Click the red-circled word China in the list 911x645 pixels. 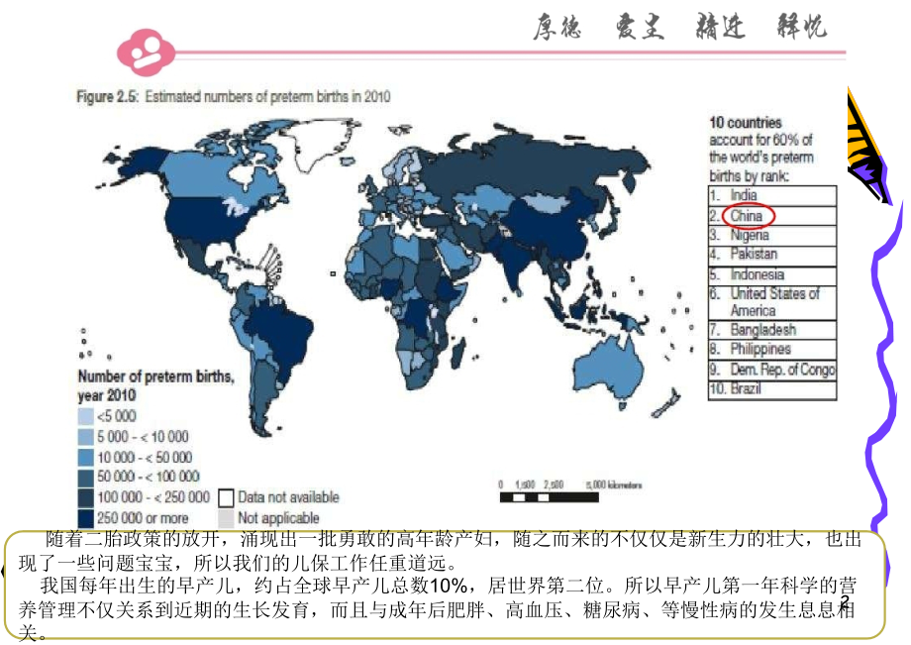(x=748, y=216)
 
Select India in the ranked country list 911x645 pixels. (x=744, y=196)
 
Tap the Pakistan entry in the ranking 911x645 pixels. (x=754, y=255)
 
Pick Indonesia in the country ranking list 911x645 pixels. (x=757, y=274)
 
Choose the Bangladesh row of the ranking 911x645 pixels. (x=762, y=330)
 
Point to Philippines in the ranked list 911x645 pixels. (x=760, y=349)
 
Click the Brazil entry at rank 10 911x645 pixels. (x=747, y=389)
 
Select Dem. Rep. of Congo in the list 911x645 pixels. (x=782, y=370)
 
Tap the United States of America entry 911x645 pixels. (x=774, y=302)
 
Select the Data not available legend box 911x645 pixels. (x=227, y=497)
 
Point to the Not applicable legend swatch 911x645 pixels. (x=227, y=517)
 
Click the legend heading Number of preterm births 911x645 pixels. (x=156, y=383)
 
